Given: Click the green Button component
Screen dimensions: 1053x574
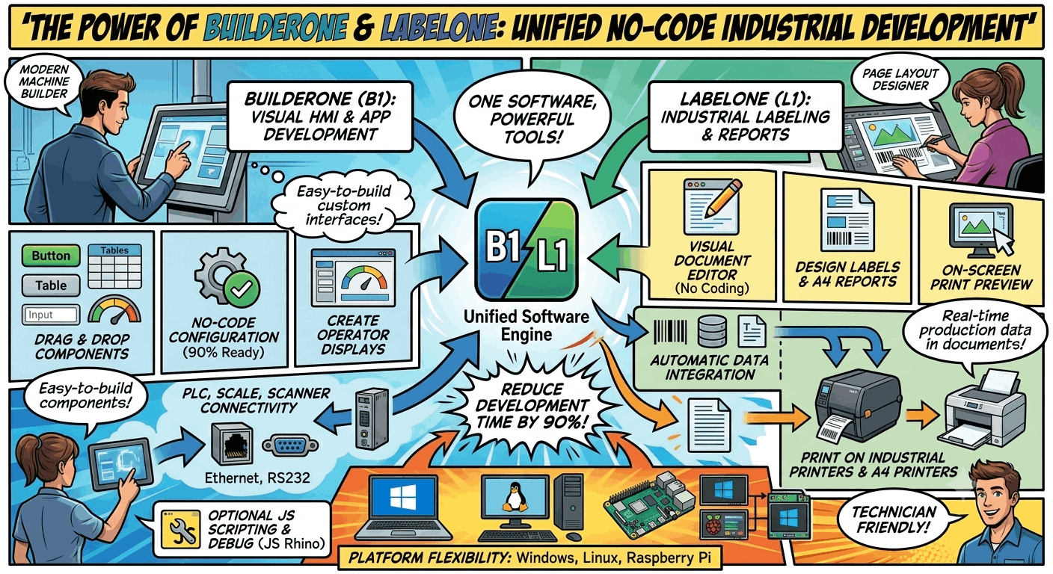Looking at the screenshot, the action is pyautogui.click(x=51, y=256).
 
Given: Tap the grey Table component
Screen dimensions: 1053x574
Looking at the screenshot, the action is pyautogui.click(x=51, y=285).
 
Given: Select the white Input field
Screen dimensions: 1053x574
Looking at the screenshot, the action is pyautogui.click(x=50, y=315).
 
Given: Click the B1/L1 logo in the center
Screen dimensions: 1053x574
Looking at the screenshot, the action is pyautogui.click(x=526, y=250).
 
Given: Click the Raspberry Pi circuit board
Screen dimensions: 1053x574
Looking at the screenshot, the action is pyautogui.click(x=648, y=502).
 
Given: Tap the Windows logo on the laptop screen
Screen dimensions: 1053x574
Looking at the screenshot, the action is pyautogui.click(x=403, y=498).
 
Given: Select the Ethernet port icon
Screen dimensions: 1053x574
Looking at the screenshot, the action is pyautogui.click(x=232, y=443).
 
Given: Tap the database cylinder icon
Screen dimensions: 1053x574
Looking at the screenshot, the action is pyautogui.click(x=712, y=330).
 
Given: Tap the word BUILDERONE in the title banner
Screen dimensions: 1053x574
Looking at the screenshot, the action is pyautogui.click(x=277, y=28).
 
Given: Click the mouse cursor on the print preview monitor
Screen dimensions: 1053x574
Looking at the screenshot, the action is pyautogui.click(x=1004, y=244).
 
